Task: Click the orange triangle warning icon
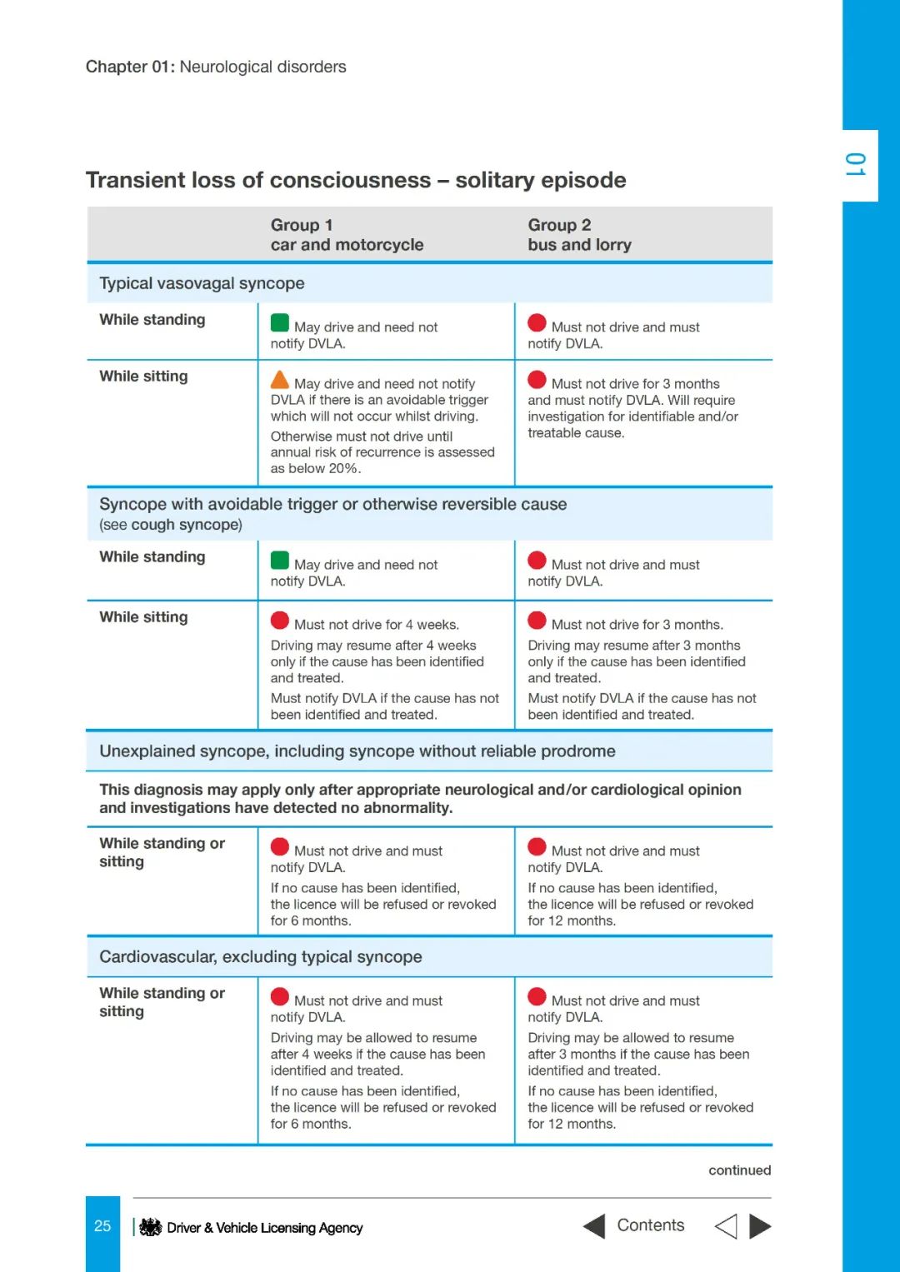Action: (x=280, y=381)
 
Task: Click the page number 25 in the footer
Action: (x=102, y=1226)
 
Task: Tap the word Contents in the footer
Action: (x=650, y=1225)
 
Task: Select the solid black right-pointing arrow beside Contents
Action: (x=760, y=1226)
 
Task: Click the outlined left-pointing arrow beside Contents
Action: (x=726, y=1226)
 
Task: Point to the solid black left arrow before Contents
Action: (x=594, y=1226)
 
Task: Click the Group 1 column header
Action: (x=347, y=235)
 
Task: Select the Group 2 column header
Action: (x=579, y=235)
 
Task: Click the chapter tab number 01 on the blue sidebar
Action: (x=856, y=165)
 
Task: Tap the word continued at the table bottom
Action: (x=739, y=1170)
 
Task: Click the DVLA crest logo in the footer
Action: (x=151, y=1227)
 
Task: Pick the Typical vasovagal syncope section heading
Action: (x=202, y=283)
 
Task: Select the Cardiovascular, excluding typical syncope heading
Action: (x=260, y=957)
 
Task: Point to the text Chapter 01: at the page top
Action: (x=130, y=67)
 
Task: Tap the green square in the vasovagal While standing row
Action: (x=280, y=323)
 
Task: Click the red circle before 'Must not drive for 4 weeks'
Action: (x=280, y=621)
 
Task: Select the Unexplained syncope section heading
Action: (x=357, y=751)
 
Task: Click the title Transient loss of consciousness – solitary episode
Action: (x=356, y=180)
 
